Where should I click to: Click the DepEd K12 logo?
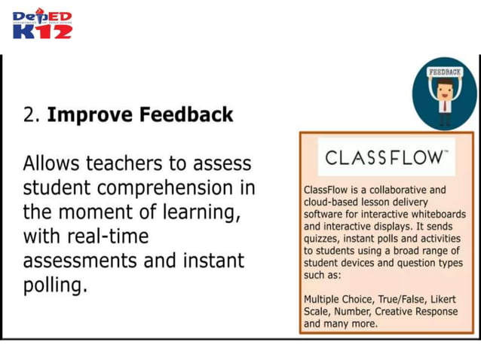41,25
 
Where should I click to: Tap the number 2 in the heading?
29,115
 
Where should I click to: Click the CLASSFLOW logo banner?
386,157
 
